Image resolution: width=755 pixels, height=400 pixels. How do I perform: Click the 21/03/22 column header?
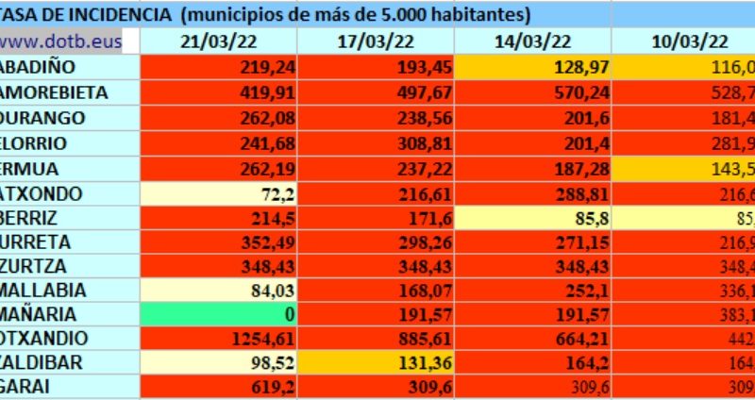coord(218,42)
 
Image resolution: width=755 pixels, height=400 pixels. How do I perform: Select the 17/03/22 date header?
coord(375,42)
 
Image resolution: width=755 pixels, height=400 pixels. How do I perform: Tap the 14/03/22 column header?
coord(532,42)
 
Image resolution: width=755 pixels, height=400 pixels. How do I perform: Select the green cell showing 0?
coord(218,314)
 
